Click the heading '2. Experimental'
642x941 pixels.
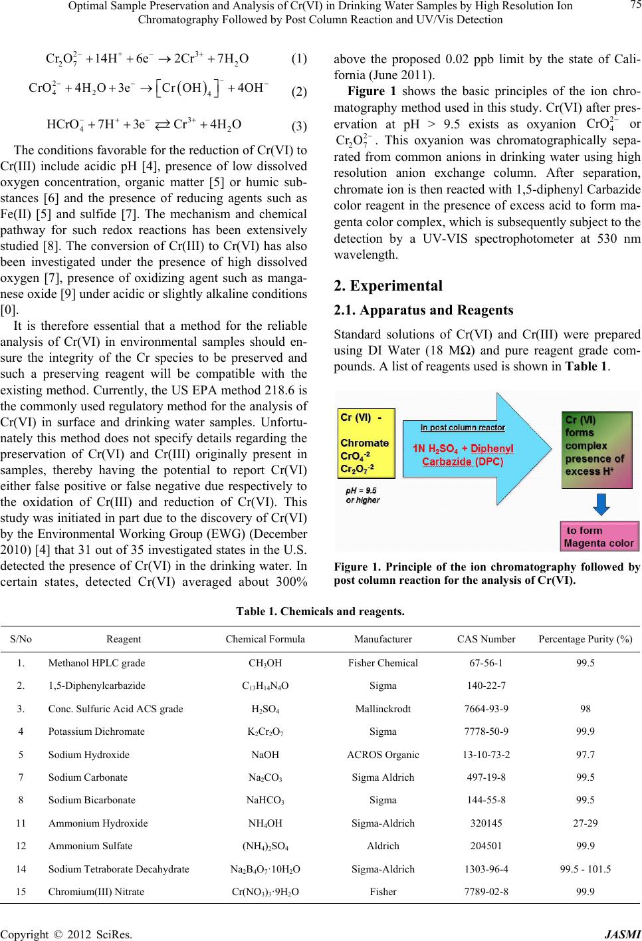[x=388, y=286]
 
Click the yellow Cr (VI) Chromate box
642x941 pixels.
[x=367, y=443]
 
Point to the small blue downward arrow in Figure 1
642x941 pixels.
[x=601, y=505]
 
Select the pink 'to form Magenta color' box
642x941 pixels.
[x=599, y=537]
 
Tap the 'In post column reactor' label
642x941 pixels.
[x=463, y=427]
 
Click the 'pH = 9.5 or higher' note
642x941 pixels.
[x=363, y=495]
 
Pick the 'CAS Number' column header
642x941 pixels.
[x=486, y=639]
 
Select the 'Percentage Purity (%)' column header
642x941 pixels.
[x=585, y=639]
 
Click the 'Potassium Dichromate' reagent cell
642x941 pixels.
[x=96, y=732]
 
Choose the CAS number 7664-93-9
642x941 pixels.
[x=486, y=709]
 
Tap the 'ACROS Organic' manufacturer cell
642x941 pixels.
[x=383, y=755]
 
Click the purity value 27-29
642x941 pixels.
[x=585, y=823]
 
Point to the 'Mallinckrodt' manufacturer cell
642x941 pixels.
[x=383, y=709]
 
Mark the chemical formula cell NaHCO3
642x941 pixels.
[x=265, y=801]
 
